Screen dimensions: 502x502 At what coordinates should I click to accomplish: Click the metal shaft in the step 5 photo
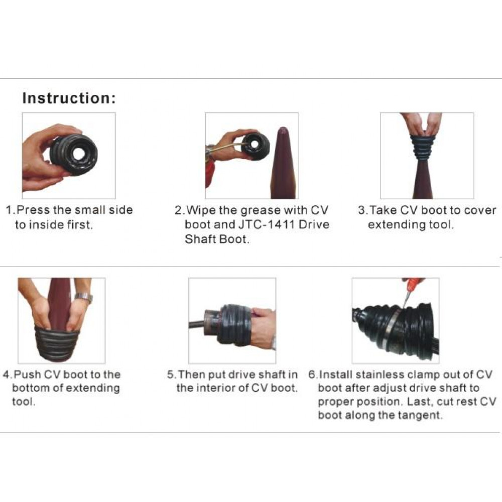pyautogui.click(x=196, y=324)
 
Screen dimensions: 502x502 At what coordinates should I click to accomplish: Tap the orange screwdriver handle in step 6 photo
pyautogui.click(x=413, y=282)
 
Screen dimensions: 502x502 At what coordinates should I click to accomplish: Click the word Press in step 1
pyautogui.click(x=34, y=210)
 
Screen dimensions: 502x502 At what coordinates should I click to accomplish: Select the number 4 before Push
pyautogui.click(x=6, y=374)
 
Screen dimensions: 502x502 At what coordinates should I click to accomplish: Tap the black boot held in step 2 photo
pyautogui.click(x=255, y=146)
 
